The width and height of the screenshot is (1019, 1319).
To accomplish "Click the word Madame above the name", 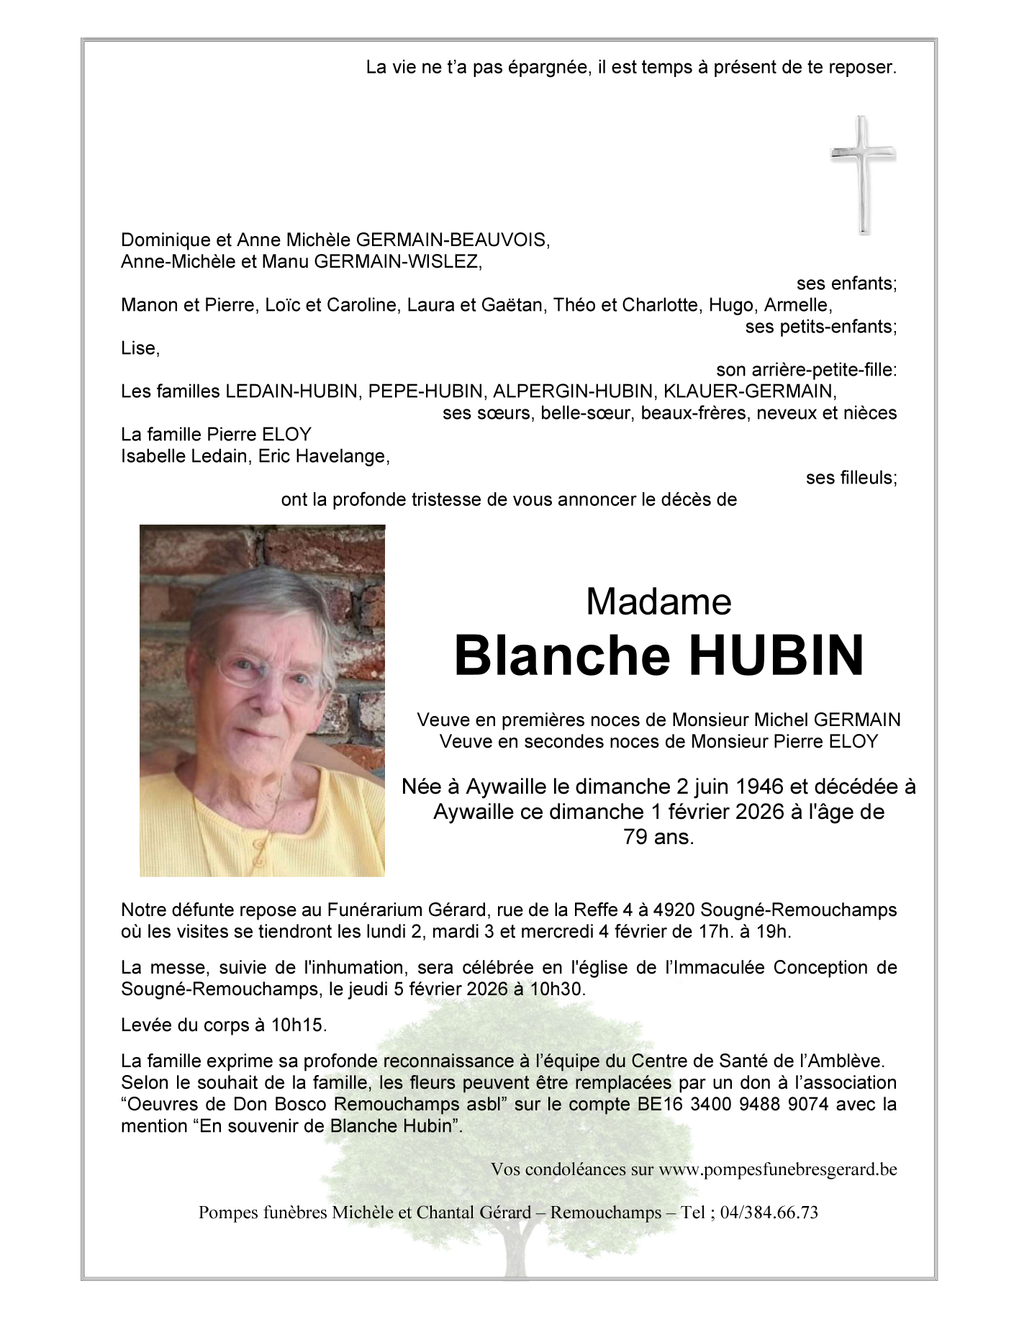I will tap(658, 602).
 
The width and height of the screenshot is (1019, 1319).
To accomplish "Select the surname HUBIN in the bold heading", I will tap(776, 656).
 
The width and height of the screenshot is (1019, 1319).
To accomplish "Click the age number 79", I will tap(634, 837).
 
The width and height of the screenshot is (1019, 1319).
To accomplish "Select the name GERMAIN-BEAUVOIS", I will tap(453, 240).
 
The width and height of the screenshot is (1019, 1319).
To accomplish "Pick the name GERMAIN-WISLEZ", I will tap(397, 261).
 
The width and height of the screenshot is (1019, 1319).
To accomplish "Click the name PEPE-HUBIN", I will tap(425, 391).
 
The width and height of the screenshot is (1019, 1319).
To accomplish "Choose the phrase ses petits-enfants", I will tap(820, 327).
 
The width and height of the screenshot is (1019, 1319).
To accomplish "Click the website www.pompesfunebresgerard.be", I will tap(777, 1169).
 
